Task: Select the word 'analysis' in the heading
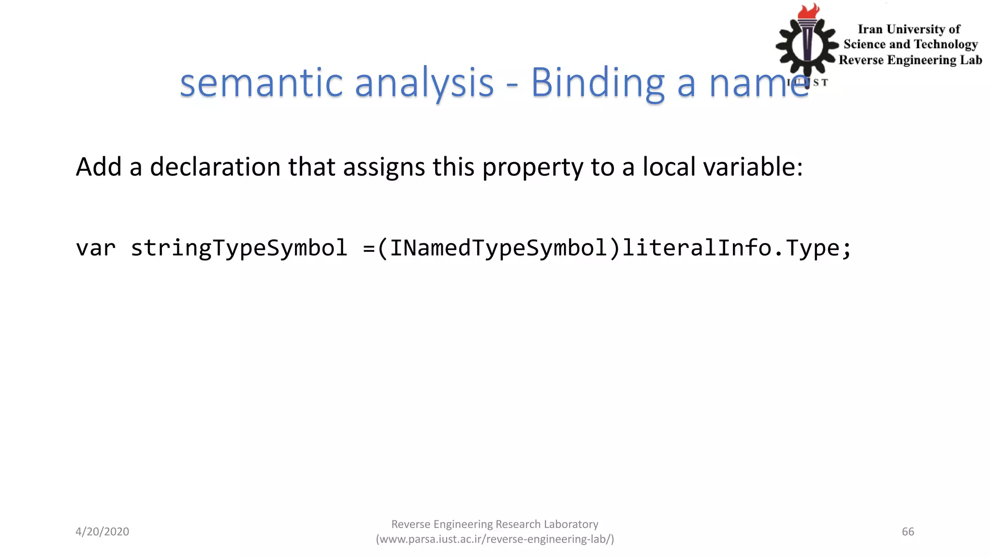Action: tap(424, 83)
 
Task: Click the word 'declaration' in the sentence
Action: tap(215, 167)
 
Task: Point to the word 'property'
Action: tap(533, 168)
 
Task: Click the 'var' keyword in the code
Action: tap(96, 249)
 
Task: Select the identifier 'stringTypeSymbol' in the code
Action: tap(239, 249)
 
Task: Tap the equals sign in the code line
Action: tap(369, 249)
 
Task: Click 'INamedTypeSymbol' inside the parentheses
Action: tap(498, 249)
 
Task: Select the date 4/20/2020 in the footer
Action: tap(102, 531)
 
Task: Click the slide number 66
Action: tap(908, 531)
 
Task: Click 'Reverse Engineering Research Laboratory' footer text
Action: tap(495, 524)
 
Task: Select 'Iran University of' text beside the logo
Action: tap(909, 29)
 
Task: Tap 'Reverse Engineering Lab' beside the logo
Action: tap(910, 60)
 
